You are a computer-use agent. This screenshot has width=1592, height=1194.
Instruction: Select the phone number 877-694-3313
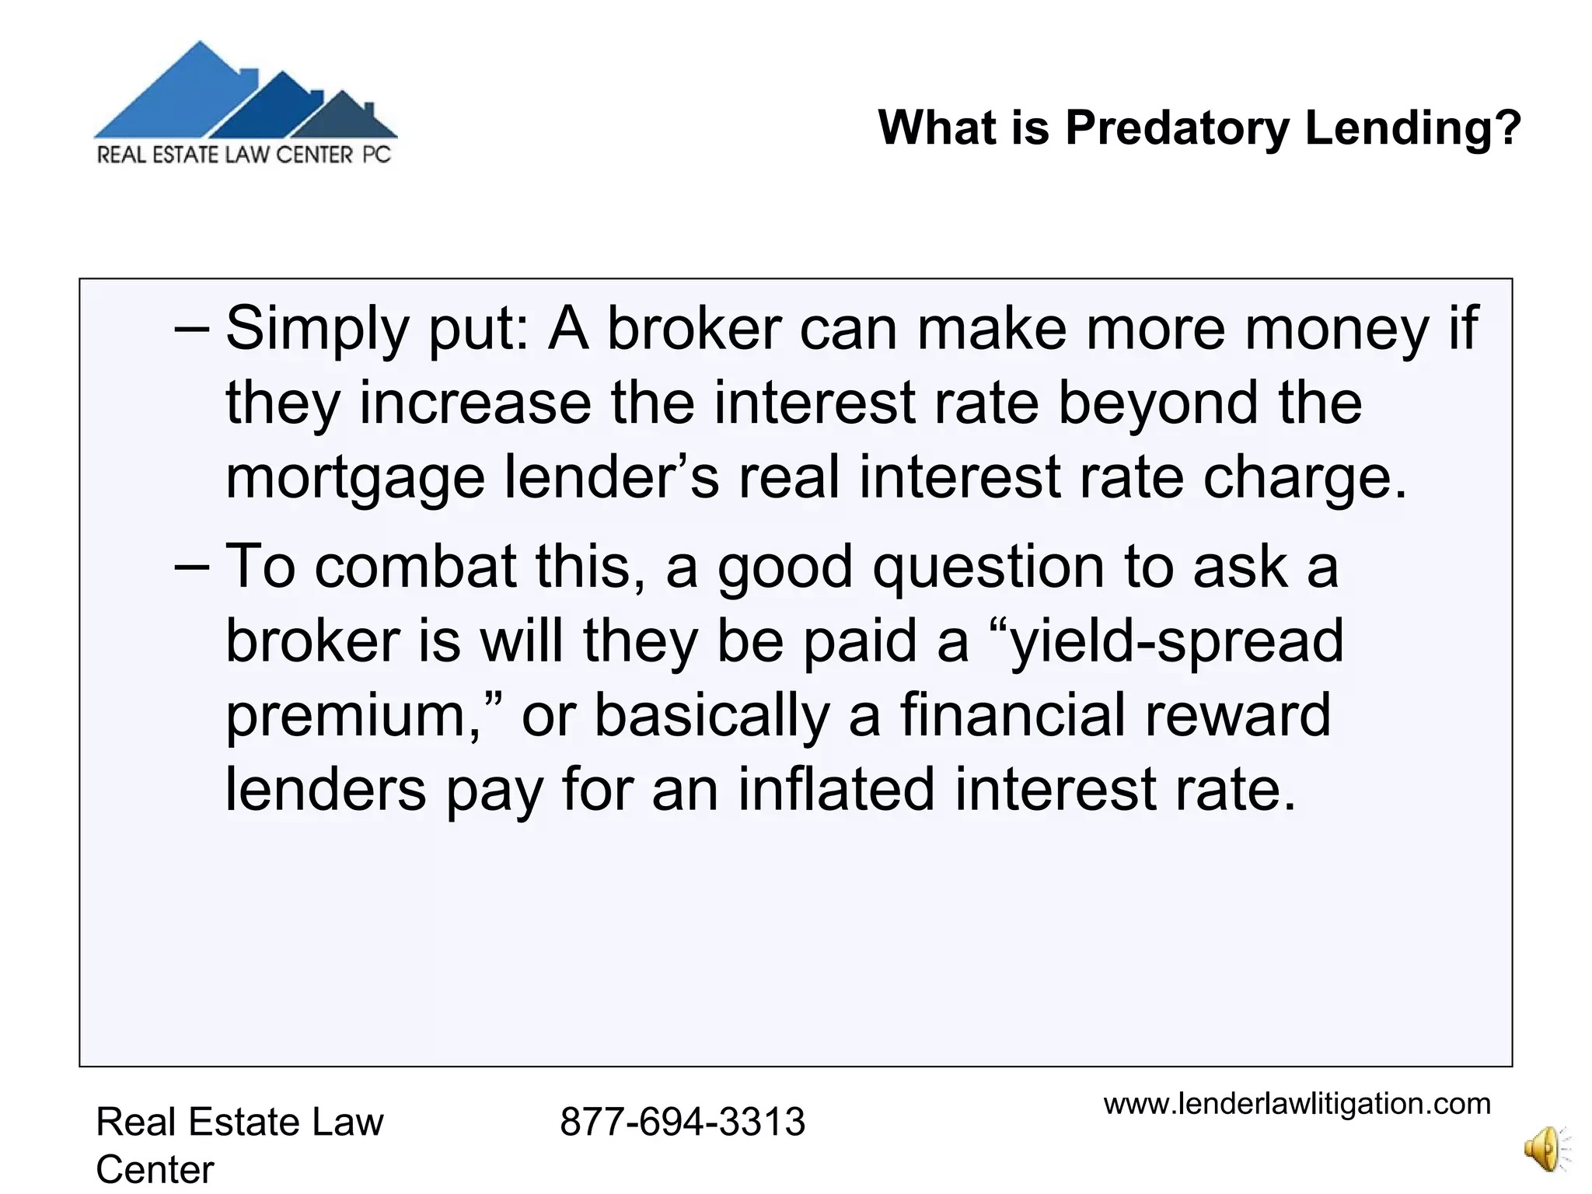click(682, 1122)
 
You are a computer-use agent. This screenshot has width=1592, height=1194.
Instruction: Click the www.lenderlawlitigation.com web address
click(1297, 1104)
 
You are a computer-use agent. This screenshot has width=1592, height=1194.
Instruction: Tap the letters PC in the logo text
click(377, 155)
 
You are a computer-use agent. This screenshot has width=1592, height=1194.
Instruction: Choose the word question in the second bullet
click(988, 567)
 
